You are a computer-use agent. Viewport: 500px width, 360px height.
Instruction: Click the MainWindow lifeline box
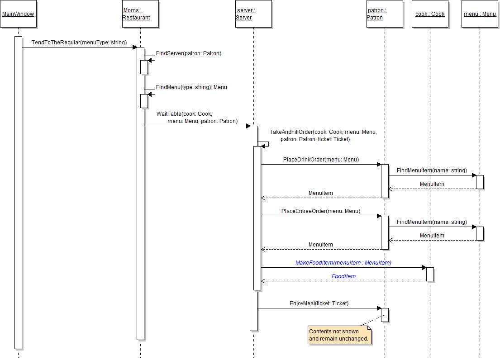[x=18, y=14]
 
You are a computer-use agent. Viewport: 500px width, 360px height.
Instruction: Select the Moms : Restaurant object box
[x=140, y=14]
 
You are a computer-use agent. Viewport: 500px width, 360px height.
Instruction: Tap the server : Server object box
[x=253, y=14]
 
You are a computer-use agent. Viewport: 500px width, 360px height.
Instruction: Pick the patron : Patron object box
[x=385, y=14]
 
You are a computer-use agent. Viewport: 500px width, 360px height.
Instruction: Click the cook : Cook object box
[x=430, y=14]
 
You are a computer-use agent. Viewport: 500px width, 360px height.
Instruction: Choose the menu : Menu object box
[x=480, y=14]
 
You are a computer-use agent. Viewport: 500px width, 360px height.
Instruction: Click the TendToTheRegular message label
[x=79, y=43]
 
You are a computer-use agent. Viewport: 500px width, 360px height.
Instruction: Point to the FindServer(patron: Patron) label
[x=189, y=53]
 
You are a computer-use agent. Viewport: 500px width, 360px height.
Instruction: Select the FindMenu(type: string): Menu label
[x=191, y=87]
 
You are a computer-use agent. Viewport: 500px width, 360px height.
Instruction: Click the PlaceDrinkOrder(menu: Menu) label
[x=321, y=160]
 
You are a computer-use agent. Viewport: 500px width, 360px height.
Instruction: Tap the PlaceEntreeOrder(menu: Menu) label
[x=321, y=211]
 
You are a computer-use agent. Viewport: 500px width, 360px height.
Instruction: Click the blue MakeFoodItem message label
[x=343, y=263]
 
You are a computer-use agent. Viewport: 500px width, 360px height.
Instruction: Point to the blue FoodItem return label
[x=343, y=276]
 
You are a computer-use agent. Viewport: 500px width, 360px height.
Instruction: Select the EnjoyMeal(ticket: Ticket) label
[x=319, y=303]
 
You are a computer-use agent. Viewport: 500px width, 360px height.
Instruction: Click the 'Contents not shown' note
[x=339, y=335]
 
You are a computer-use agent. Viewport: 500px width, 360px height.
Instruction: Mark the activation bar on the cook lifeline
[x=430, y=274]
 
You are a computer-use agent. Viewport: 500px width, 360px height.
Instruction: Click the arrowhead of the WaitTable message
[x=248, y=126]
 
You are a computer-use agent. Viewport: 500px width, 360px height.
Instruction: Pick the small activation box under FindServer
[x=144, y=67]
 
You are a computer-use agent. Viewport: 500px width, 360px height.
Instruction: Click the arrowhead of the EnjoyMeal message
[x=379, y=308]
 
